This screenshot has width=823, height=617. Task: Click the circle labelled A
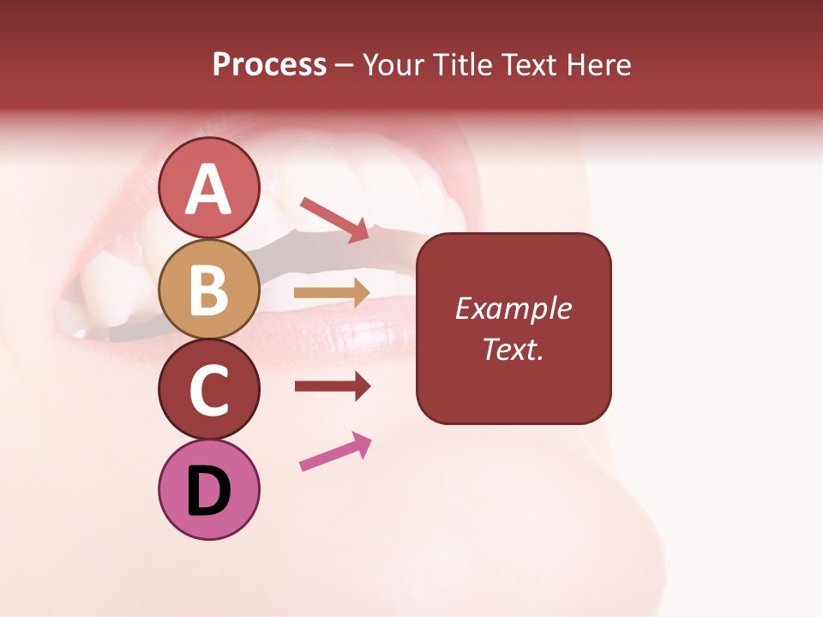pos(208,188)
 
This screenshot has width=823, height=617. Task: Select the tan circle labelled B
pos(208,289)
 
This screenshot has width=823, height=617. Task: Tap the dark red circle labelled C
pos(208,389)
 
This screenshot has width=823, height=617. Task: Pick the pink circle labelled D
pos(208,489)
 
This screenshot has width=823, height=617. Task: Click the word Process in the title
pos(269,64)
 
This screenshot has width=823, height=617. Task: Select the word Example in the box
pos(514,308)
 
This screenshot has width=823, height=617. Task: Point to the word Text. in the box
pos(514,349)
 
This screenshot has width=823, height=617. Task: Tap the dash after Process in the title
pos(345,65)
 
